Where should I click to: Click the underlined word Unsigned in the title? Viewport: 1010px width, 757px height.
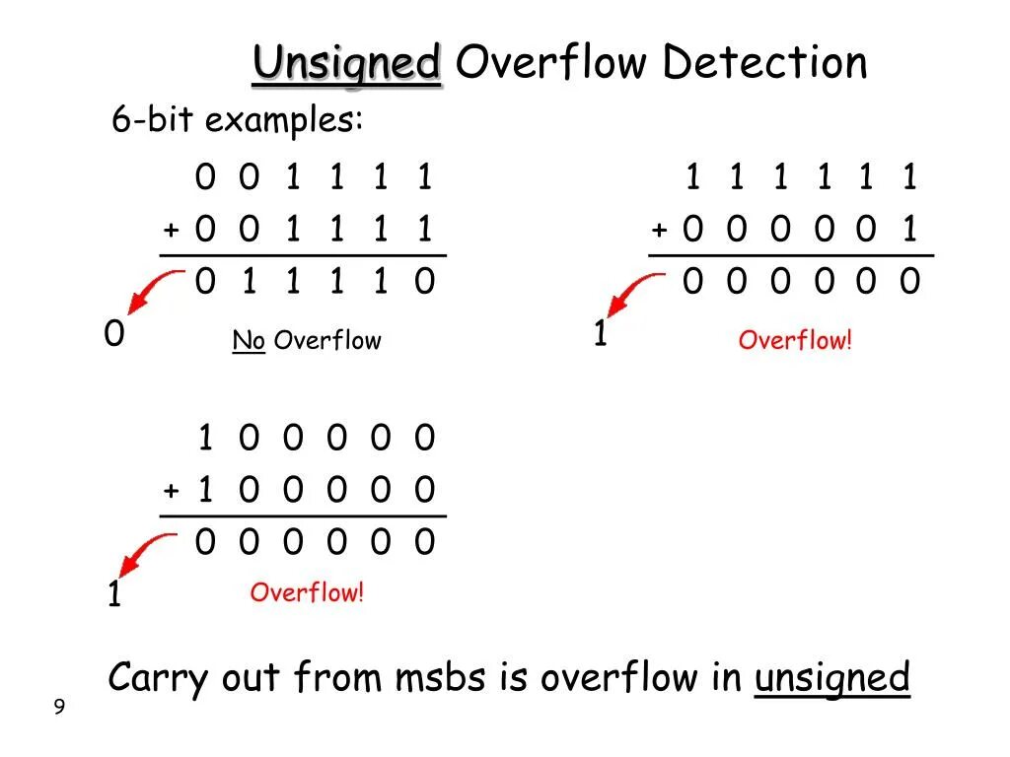(346, 65)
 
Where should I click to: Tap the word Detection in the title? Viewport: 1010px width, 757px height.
(764, 63)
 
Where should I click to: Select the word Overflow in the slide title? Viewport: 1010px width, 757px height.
(551, 63)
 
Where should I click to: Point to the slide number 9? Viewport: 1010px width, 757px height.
(59, 707)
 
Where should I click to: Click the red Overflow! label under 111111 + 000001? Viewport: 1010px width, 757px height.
(794, 341)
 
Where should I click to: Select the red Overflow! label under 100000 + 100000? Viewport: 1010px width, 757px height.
(307, 592)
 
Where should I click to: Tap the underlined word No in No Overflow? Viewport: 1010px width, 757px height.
(249, 341)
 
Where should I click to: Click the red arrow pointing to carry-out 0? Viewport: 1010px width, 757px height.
(151, 294)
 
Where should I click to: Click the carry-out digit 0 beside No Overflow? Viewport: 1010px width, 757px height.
(114, 336)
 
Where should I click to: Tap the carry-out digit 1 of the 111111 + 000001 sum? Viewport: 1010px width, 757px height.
(600, 336)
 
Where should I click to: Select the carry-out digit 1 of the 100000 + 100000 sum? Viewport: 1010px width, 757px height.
(113, 596)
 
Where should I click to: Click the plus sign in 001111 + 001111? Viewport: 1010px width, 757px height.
(172, 232)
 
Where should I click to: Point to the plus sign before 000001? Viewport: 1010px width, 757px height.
(659, 232)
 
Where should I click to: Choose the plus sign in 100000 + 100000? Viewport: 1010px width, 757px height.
(172, 491)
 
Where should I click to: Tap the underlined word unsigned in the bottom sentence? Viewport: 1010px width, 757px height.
(831, 678)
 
